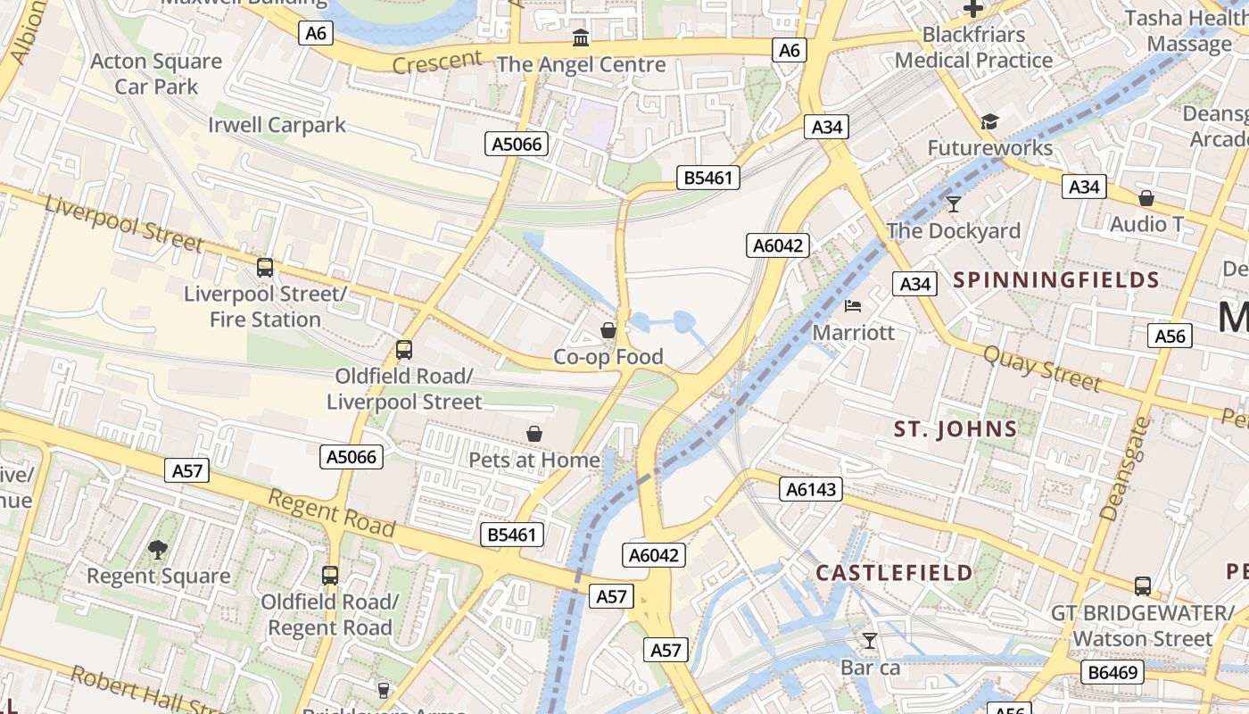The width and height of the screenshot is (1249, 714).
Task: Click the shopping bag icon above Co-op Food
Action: point(608,330)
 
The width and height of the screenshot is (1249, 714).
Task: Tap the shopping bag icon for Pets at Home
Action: point(534,434)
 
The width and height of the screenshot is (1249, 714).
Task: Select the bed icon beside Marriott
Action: point(853,306)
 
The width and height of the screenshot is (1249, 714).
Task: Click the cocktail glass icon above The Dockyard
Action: point(954,204)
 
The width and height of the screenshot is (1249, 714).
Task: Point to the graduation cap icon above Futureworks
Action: point(988,121)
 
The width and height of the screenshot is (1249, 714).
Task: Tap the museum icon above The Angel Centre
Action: point(581,37)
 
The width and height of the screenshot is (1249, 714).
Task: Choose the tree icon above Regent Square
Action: point(158,549)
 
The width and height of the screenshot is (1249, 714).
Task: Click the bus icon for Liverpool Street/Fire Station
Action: point(265,267)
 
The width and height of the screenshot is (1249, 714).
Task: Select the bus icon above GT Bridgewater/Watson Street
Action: point(1143,586)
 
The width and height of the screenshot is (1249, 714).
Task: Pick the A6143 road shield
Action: point(811,488)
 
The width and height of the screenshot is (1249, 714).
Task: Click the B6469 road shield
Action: point(1113,671)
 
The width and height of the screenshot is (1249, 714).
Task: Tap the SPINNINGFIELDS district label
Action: point(1056,280)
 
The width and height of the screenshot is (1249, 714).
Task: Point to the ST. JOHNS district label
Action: point(955,429)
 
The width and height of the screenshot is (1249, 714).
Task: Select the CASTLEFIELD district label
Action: point(894,572)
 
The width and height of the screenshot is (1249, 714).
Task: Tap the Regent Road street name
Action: point(332,514)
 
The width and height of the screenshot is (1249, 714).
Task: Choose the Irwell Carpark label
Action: point(277,125)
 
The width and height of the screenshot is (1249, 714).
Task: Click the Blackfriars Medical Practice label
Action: point(973,47)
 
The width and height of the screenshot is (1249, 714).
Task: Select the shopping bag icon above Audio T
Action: point(1146,198)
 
